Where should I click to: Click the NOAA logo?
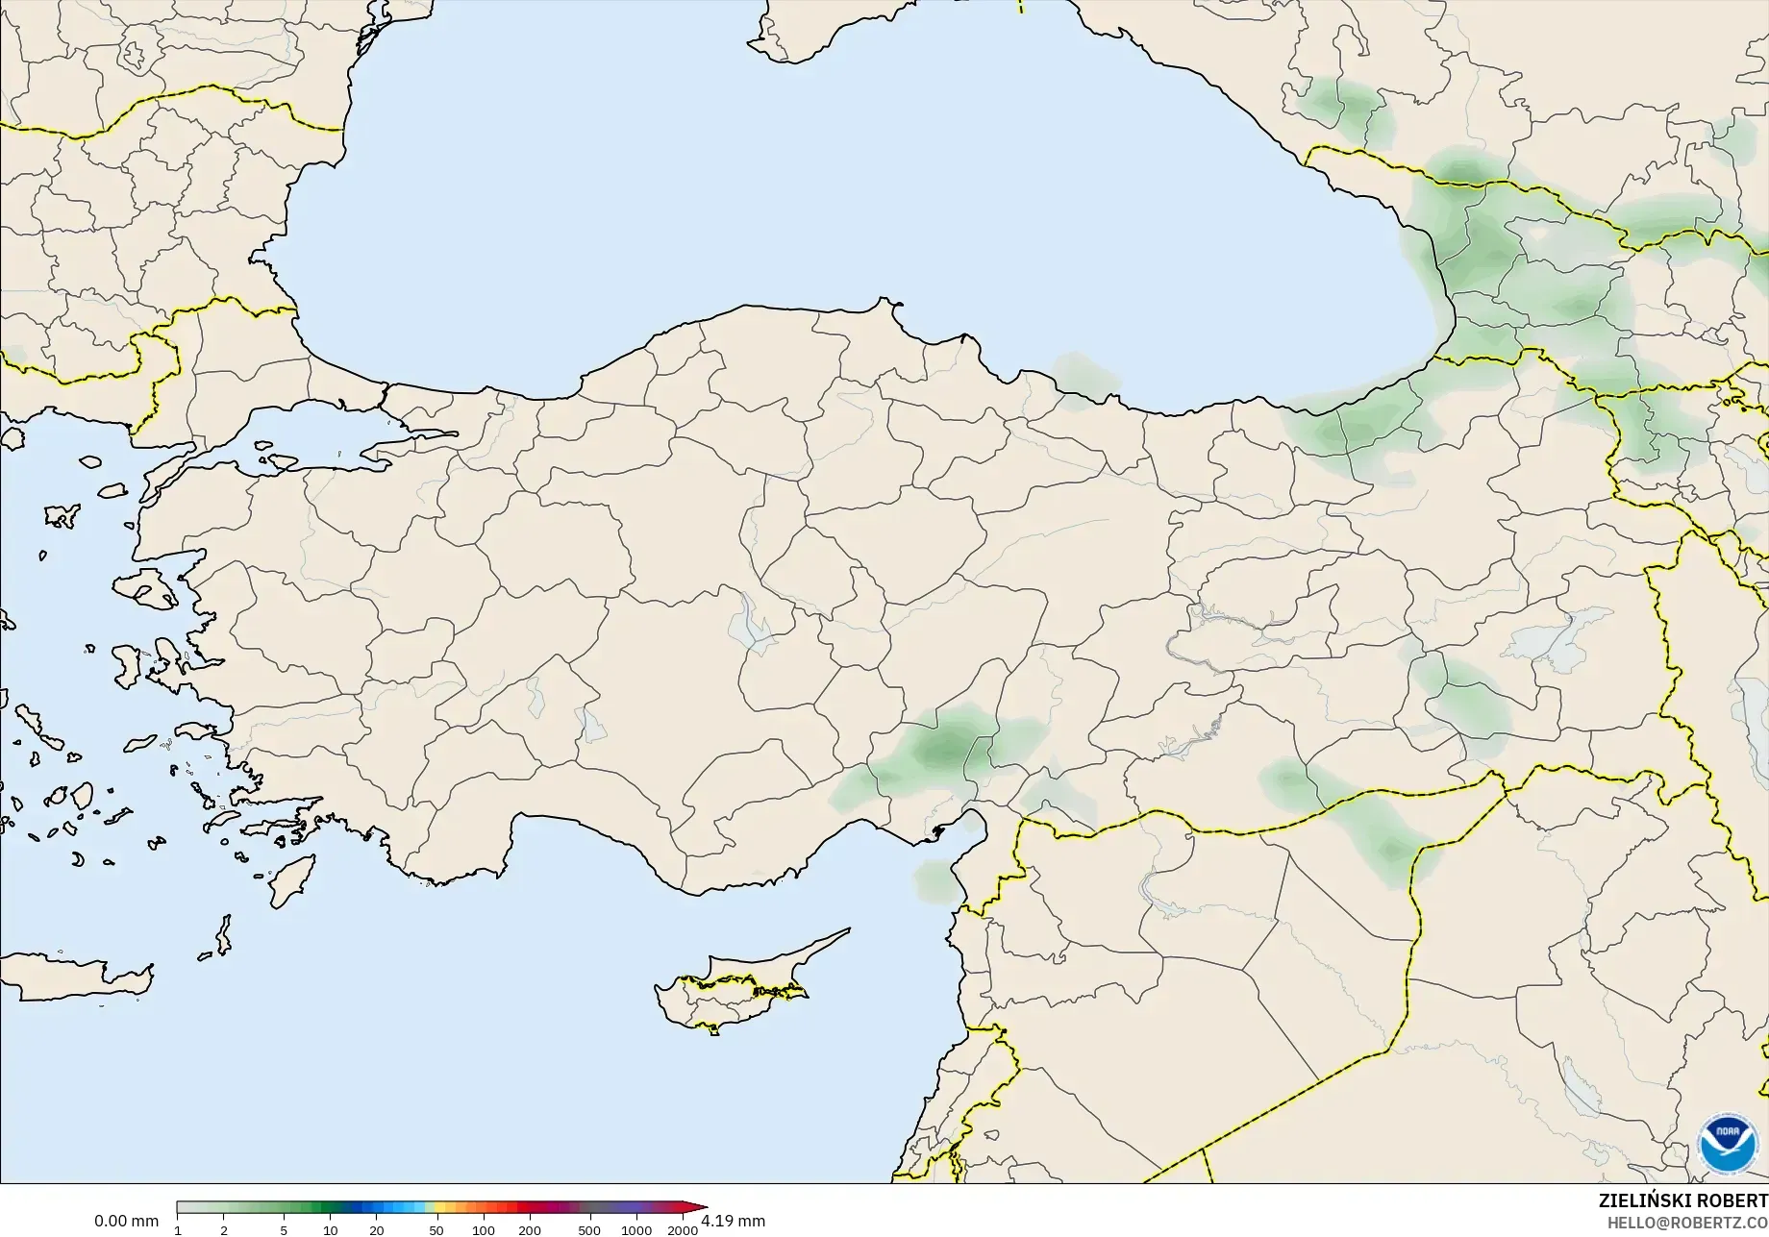pyautogui.click(x=1728, y=1144)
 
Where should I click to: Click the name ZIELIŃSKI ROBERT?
pyautogui.click(x=1682, y=1200)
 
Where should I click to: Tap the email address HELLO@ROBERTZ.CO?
pyautogui.click(x=1687, y=1223)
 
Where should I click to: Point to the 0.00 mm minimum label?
pyautogui.click(x=126, y=1221)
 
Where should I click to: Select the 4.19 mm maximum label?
pyautogui.click(x=734, y=1221)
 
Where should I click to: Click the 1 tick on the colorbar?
pyautogui.click(x=178, y=1230)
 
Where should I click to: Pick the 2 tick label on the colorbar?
pyautogui.click(x=224, y=1230)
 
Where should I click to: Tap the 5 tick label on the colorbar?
pyautogui.click(x=284, y=1230)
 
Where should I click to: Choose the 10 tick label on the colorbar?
pyautogui.click(x=330, y=1230)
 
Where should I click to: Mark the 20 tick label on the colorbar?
pyautogui.click(x=376, y=1230)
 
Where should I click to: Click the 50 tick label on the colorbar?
pyautogui.click(x=436, y=1230)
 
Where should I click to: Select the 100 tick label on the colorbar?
pyautogui.click(x=483, y=1230)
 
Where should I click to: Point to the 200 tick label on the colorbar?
pyautogui.click(x=529, y=1230)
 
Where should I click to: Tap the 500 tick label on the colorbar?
pyautogui.click(x=589, y=1230)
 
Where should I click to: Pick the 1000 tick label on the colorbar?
pyautogui.click(x=635, y=1230)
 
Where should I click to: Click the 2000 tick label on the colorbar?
pyautogui.click(x=683, y=1230)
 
